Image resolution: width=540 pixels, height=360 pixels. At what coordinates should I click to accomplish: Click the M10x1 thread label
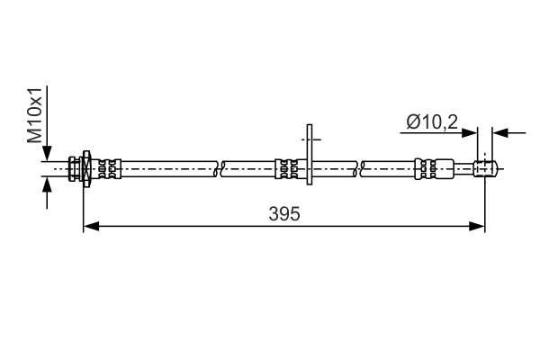tap(35, 115)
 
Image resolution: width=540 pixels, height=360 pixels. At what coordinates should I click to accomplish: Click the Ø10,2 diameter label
tap(432, 122)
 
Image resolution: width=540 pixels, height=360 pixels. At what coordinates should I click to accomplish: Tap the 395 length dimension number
tap(284, 214)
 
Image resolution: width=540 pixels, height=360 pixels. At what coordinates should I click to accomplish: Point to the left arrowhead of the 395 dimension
tap(91, 226)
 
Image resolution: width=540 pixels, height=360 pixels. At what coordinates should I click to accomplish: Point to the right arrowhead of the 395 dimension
tap(477, 226)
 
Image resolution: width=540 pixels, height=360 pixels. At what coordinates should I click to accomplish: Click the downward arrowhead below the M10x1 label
tap(47, 153)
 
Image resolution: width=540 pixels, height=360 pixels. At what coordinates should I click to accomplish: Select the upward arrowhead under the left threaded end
tap(47, 184)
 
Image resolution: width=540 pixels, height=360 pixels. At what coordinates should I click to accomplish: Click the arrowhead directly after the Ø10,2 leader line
tap(470, 132)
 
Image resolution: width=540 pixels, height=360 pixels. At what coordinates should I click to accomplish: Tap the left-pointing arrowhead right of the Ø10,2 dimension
tap(500, 132)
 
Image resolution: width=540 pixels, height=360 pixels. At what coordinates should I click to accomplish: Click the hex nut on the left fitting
tap(86, 169)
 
